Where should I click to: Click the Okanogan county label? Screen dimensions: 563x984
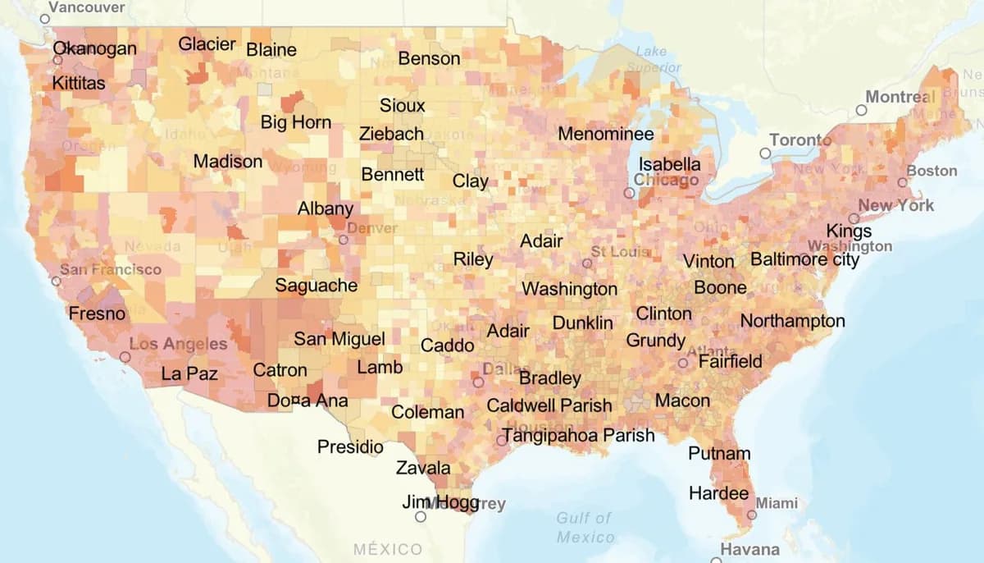(x=94, y=48)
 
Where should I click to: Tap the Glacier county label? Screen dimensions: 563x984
(x=207, y=44)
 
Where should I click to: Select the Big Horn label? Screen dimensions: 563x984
(x=296, y=122)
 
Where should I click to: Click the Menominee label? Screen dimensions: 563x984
(x=605, y=134)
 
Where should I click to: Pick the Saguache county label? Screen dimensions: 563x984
(x=316, y=286)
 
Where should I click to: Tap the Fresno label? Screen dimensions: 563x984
(x=97, y=314)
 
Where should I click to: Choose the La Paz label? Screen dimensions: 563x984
(x=189, y=373)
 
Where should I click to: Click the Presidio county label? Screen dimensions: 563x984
(x=350, y=447)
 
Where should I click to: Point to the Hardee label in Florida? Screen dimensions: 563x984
(x=718, y=493)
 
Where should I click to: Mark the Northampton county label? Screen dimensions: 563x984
(x=792, y=321)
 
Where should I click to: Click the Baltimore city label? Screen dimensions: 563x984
(x=804, y=260)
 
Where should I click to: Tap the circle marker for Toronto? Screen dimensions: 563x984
(x=765, y=153)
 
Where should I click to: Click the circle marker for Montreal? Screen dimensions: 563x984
(x=861, y=109)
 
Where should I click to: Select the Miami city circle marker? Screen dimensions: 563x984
(x=752, y=515)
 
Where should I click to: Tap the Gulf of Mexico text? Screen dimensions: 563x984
(x=584, y=527)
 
